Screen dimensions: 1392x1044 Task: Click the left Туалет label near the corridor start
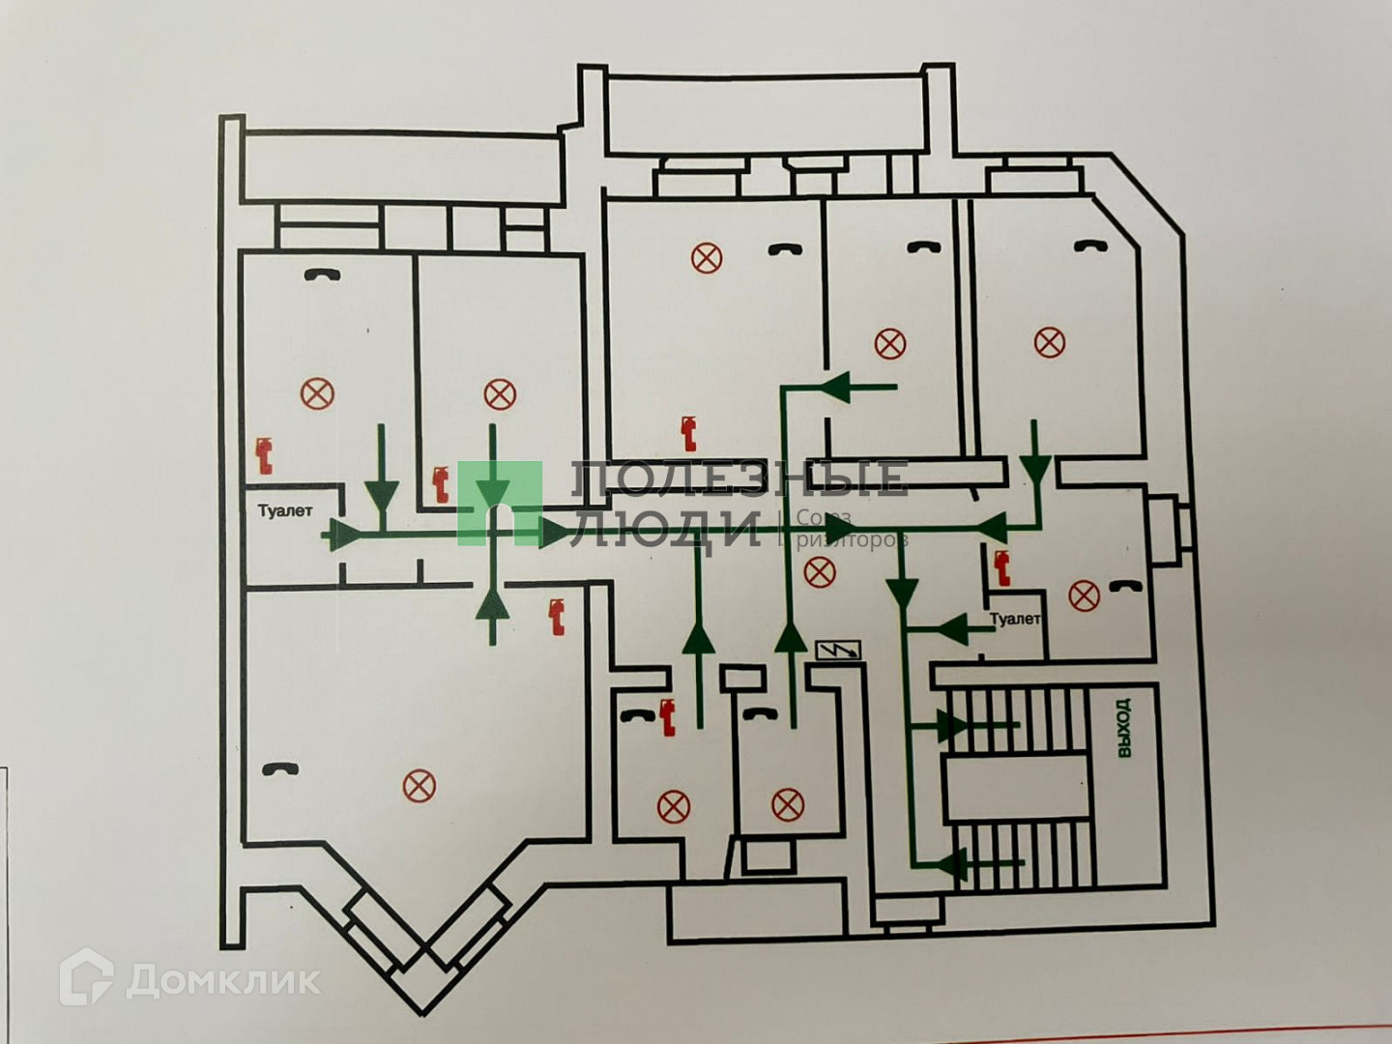pos(285,510)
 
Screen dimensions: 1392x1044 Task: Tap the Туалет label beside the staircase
pos(1014,619)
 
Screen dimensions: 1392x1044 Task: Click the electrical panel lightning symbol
pos(838,650)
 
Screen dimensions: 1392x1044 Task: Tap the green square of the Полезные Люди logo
pos(499,503)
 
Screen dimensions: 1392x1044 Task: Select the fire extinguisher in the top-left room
pos(263,455)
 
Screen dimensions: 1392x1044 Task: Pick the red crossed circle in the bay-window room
pos(417,786)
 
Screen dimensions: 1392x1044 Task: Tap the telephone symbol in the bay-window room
pos(280,768)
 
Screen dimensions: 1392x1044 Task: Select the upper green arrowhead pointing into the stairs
pos(952,725)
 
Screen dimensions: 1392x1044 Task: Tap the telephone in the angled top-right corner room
pos(1092,246)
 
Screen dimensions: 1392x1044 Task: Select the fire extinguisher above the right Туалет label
pos(1001,566)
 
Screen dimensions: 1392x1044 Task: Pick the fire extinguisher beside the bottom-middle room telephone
pos(666,718)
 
